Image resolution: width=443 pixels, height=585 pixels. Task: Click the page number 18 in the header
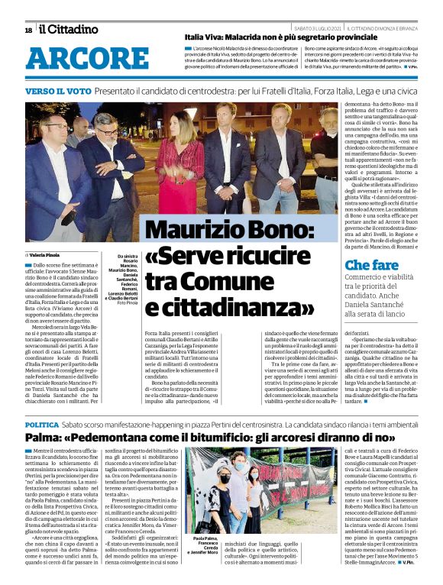28,30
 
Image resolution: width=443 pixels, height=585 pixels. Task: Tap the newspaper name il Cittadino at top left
68,29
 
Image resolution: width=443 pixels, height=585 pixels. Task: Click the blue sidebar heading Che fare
371,265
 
